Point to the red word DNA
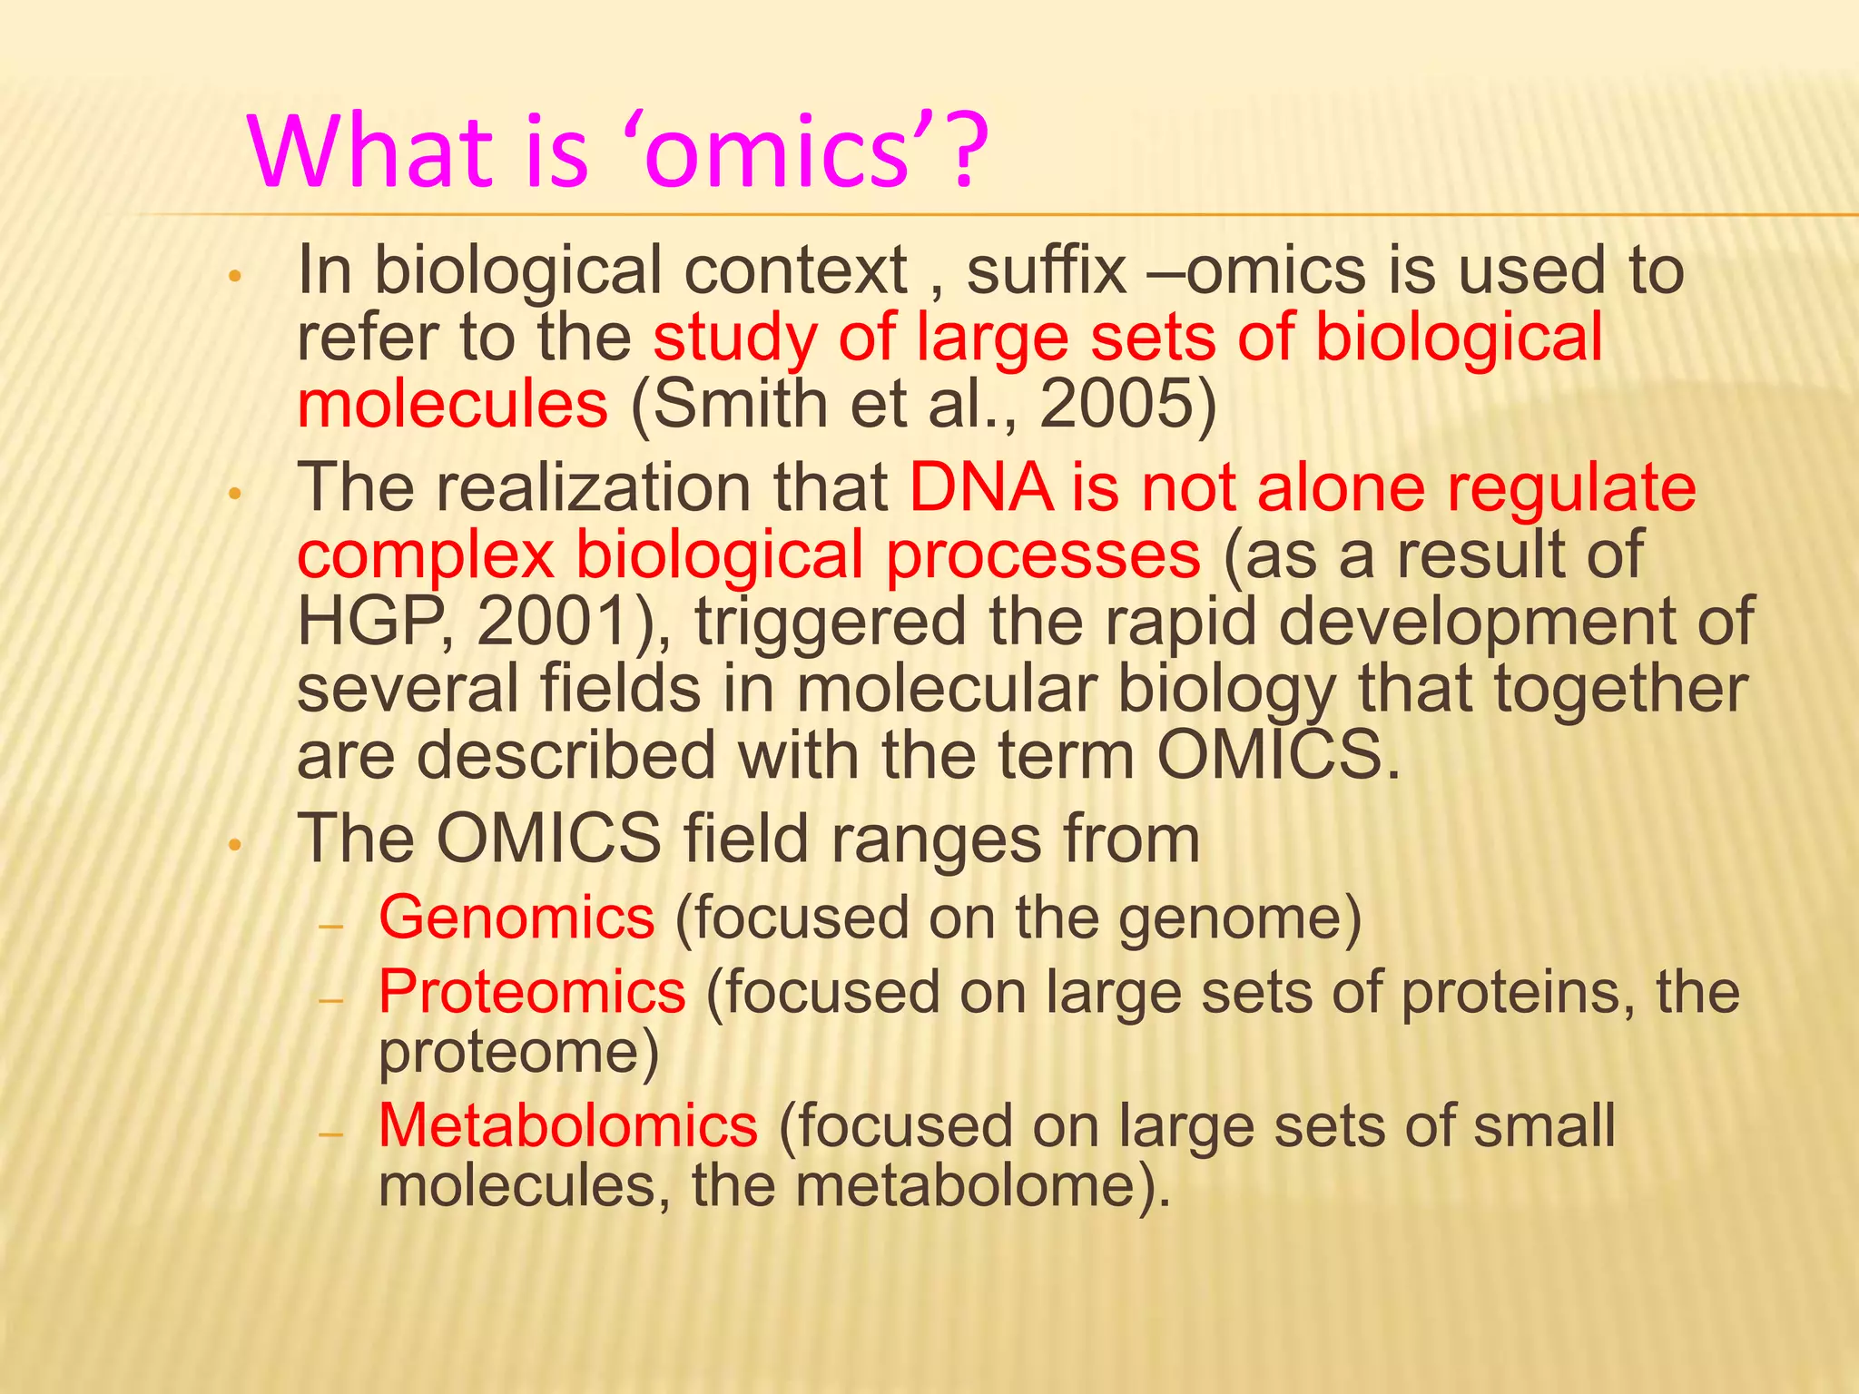coord(980,488)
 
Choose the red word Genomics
coord(516,918)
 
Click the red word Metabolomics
coord(567,1125)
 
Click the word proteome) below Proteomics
coord(518,1053)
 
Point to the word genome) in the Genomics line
coord(1240,918)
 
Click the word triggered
coord(830,622)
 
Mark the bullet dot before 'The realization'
coord(234,495)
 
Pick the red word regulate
coord(1570,488)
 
